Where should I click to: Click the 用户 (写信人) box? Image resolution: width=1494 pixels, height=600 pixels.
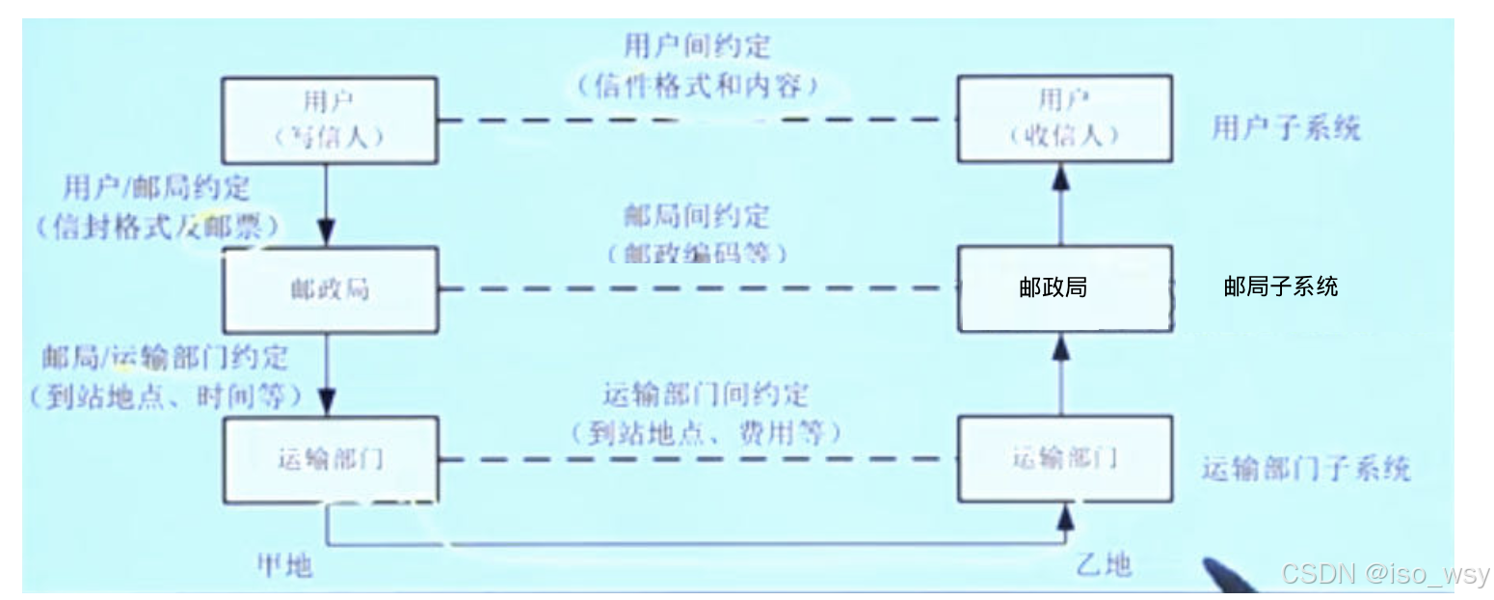329,120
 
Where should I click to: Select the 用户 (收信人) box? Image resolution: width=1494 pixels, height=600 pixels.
1064,118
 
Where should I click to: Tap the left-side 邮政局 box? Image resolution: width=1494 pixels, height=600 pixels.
329,288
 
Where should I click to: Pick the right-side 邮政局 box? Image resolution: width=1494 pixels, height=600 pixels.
1064,287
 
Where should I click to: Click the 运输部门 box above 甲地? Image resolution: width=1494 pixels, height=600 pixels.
329,459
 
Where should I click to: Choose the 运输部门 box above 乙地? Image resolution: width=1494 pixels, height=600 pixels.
1064,458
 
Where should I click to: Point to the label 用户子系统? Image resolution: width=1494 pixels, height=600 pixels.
1285,128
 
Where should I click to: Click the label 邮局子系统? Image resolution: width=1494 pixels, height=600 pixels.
1280,286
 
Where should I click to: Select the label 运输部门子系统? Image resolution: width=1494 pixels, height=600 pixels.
1305,470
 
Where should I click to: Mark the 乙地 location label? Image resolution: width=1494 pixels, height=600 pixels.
1103,563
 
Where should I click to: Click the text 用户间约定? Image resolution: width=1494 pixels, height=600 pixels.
697,45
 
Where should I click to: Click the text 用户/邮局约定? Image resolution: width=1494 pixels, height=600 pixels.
157,187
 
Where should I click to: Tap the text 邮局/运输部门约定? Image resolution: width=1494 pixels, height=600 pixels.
164,357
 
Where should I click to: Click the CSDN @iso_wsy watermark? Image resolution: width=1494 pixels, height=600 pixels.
1384,574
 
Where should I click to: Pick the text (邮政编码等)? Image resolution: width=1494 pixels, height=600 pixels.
697,254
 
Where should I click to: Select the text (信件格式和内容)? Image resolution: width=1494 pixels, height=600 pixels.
698,85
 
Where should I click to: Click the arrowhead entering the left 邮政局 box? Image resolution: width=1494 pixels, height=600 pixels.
327,234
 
